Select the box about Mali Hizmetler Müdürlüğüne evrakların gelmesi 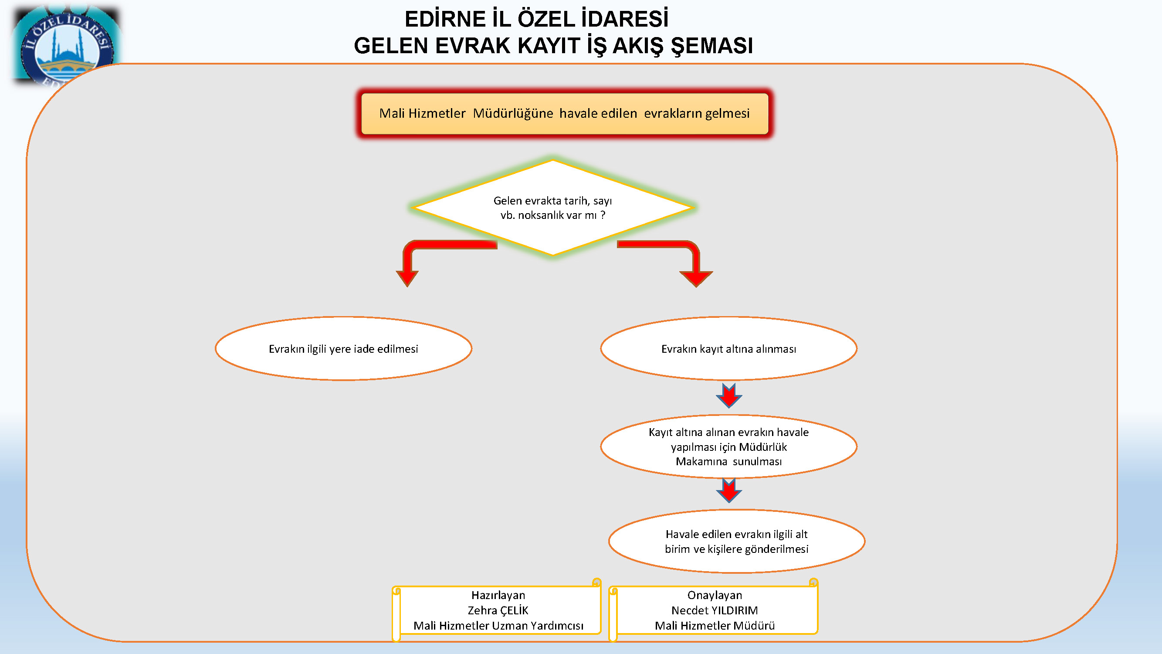564,113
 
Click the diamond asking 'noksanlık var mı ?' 552,208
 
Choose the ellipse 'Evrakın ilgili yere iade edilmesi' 343,348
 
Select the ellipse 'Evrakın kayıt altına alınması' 728,348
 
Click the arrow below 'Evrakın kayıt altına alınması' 728,396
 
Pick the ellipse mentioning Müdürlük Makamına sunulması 728,446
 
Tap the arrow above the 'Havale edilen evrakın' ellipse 728,490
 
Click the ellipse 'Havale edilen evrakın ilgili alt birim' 737,541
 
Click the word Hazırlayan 498,595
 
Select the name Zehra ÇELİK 498,610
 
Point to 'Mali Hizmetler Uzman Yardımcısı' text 498,626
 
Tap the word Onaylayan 715,595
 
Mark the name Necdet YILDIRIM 715,610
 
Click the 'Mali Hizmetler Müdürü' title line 715,626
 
